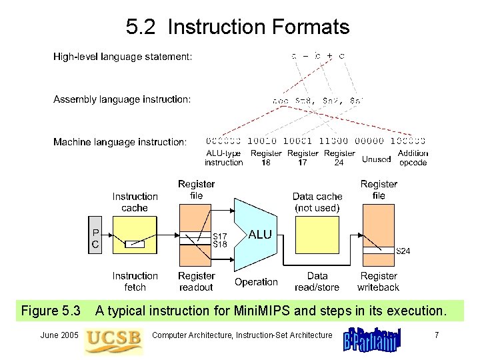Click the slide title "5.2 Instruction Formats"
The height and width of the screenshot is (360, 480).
pyautogui.click(x=237, y=27)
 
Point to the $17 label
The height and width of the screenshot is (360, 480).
pyautogui.click(x=219, y=236)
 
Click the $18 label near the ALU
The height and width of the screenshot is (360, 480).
pyautogui.click(x=219, y=245)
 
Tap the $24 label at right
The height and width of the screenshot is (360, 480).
pyautogui.click(x=403, y=251)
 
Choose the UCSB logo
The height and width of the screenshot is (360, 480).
pyautogui.click(x=113, y=338)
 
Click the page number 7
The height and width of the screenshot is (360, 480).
pyautogui.click(x=437, y=335)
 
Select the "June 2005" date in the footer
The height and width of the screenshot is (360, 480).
pyautogui.click(x=59, y=335)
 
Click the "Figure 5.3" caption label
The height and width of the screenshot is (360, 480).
pyautogui.click(x=51, y=311)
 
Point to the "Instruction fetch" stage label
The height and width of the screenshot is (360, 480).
pyautogui.click(x=135, y=281)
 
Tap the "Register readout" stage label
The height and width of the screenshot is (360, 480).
pyautogui.click(x=196, y=281)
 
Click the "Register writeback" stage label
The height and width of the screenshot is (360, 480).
pyautogui.click(x=378, y=281)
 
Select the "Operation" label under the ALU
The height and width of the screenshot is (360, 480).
pyautogui.click(x=256, y=282)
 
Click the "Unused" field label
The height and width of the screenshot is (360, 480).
pyautogui.click(x=376, y=159)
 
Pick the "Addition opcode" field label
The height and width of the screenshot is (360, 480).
pyautogui.click(x=413, y=158)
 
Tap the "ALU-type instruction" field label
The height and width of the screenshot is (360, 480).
pyautogui.click(x=223, y=158)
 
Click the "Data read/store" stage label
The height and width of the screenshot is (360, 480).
pyautogui.click(x=317, y=281)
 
